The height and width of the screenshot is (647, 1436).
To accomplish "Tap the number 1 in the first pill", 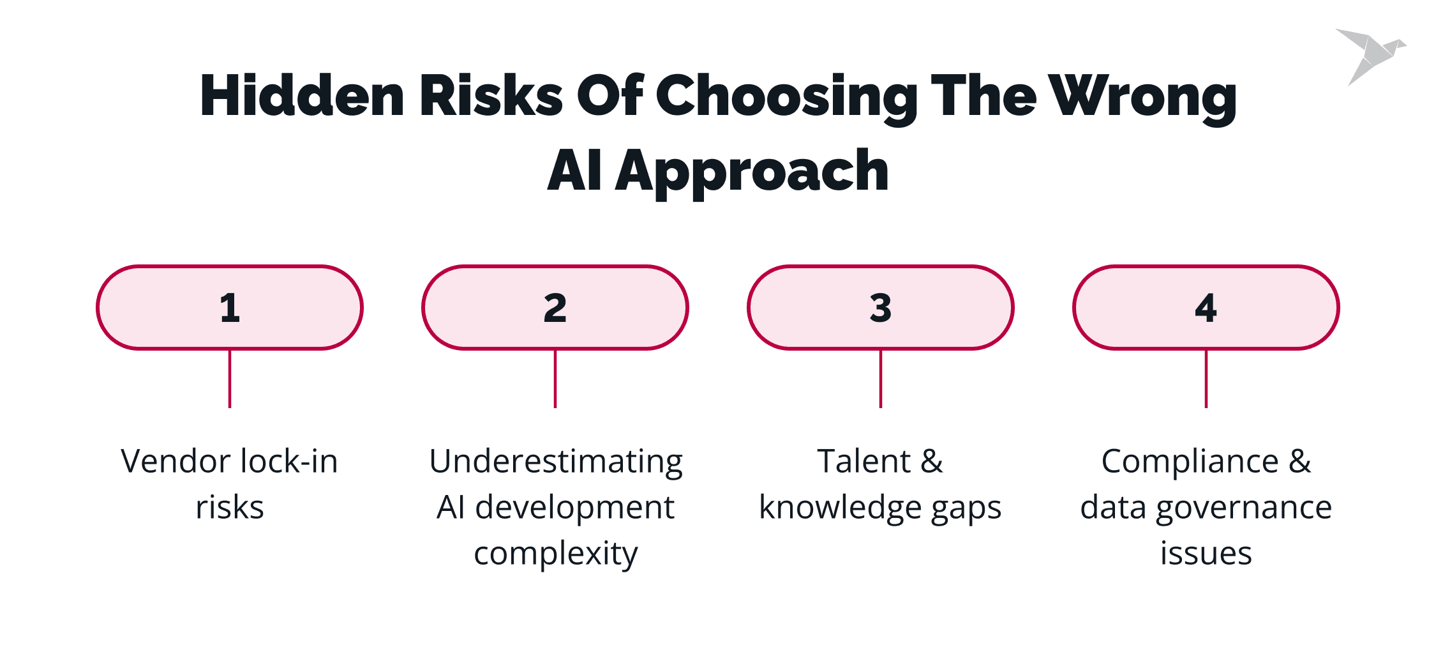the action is [x=230, y=308].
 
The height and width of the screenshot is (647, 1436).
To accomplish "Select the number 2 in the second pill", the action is [x=555, y=308].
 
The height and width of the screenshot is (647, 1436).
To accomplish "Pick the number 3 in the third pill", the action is [x=881, y=308].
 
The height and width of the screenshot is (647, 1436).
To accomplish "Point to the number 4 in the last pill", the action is [x=1206, y=308].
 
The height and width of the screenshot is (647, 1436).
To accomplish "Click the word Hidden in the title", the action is [x=303, y=96].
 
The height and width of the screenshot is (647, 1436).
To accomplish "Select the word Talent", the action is [x=865, y=461].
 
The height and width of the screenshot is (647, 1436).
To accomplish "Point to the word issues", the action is [x=1206, y=553].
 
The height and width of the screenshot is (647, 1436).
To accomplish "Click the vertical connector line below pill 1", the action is [x=230, y=379].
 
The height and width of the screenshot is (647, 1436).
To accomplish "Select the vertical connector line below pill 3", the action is [x=881, y=379].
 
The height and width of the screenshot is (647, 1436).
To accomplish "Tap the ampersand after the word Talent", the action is [x=932, y=461].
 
